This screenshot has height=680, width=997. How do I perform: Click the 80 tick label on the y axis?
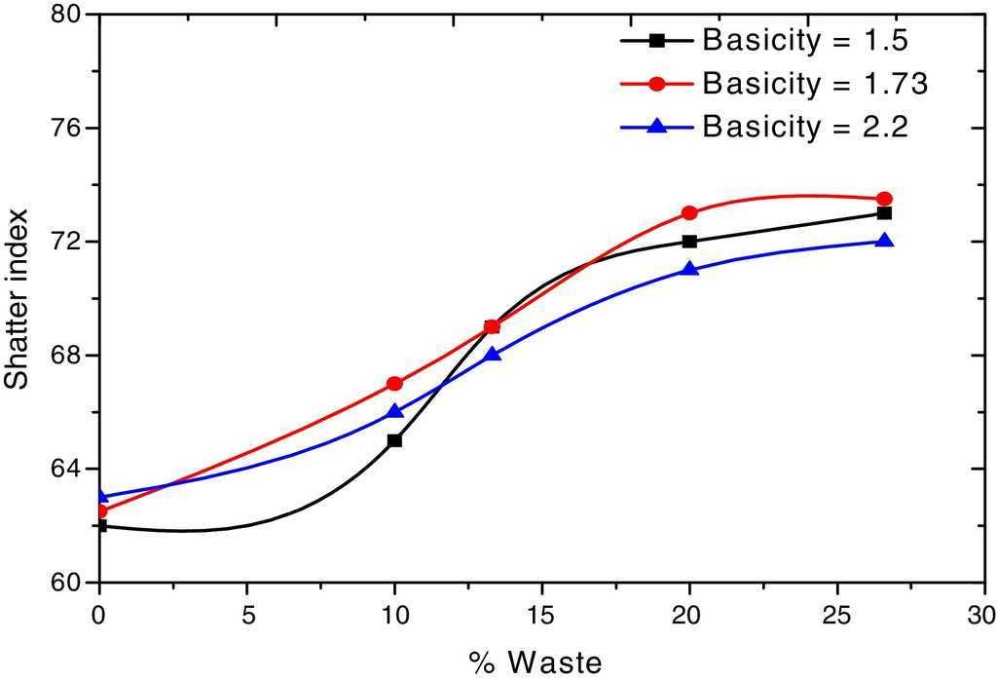(70, 16)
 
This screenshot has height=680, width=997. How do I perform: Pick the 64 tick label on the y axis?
(70, 469)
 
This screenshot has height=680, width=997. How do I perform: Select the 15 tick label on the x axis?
(541, 618)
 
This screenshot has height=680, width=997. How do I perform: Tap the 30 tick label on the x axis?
(983, 618)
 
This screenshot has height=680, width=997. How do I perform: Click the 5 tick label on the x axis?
(246, 618)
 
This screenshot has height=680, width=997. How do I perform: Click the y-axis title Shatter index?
(18, 299)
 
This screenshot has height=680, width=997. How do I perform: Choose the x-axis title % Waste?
(535, 661)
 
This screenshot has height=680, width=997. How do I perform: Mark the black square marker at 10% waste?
(394, 440)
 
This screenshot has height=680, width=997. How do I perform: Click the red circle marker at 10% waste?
(394, 384)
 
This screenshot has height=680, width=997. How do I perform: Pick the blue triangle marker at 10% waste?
(394, 411)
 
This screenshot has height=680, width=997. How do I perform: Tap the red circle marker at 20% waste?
(689, 213)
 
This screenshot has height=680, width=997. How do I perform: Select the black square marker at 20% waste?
(689, 242)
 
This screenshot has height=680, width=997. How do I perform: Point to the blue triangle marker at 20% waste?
(689, 269)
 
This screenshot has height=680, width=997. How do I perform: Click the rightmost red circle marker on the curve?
(884, 199)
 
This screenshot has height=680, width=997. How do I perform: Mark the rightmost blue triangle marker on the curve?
(884, 241)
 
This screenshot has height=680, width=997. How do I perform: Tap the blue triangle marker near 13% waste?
(493, 355)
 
